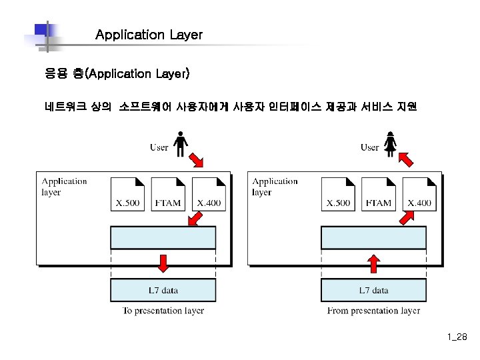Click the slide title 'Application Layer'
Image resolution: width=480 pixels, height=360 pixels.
[149, 35]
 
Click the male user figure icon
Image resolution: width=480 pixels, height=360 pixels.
[180, 143]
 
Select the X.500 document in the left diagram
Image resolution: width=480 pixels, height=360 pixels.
[128, 194]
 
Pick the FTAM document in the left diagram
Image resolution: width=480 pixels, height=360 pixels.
[168, 194]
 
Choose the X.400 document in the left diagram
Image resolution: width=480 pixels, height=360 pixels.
[209, 194]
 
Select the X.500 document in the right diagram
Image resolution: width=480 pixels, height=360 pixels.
[338, 194]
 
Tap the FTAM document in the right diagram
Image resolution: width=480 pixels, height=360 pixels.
[379, 194]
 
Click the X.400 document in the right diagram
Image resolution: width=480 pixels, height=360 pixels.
[419, 194]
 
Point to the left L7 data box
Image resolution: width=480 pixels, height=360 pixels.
[163, 290]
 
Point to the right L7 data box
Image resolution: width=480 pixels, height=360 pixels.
[373, 290]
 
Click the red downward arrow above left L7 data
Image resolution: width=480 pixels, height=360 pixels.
[163, 263]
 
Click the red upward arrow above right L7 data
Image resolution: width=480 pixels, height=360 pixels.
[373, 264]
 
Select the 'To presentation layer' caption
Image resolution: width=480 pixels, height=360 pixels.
[163, 311]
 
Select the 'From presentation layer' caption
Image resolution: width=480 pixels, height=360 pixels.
[373, 311]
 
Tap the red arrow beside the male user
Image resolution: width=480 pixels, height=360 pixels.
[198, 160]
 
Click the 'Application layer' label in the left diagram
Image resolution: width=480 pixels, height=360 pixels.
[64, 187]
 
